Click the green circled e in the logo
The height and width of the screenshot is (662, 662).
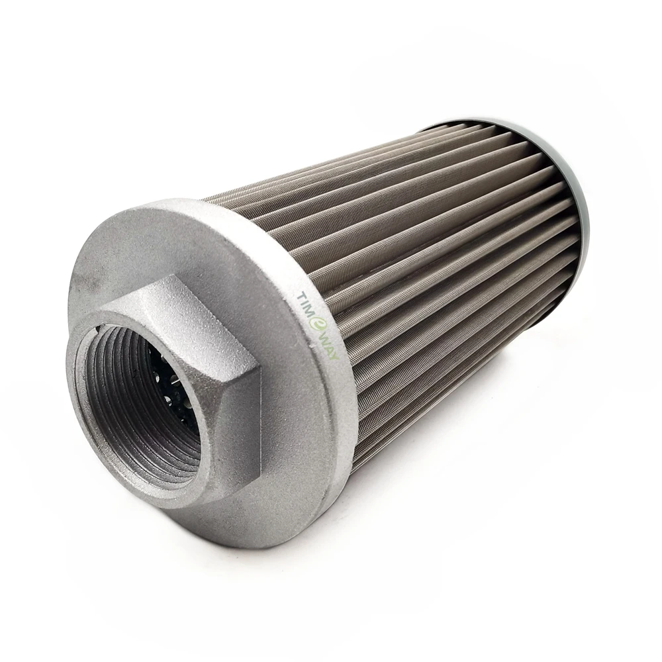[318, 324]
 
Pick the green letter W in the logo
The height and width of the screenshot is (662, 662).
[324, 338]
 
